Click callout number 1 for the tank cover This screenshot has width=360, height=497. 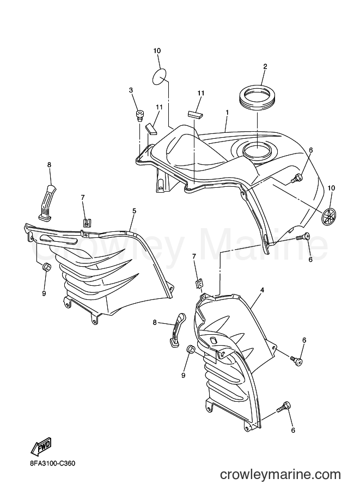pyautogui.click(x=227, y=113)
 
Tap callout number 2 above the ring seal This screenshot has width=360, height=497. pyautogui.click(x=265, y=66)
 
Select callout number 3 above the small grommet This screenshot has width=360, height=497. pyautogui.click(x=131, y=90)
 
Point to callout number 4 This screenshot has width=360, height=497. pyautogui.click(x=263, y=290)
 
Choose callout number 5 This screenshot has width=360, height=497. pyautogui.click(x=134, y=211)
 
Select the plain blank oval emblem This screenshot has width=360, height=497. pyautogui.click(x=160, y=77)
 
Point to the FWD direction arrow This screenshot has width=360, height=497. pyautogui.click(x=41, y=448)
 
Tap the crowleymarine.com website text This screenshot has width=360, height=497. pyautogui.click(x=280, y=474)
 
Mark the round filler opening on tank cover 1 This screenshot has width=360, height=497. pyautogui.click(x=257, y=149)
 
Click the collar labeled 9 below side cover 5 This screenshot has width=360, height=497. pyautogui.click(x=47, y=267)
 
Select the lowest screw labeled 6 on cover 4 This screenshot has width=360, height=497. pyautogui.click(x=283, y=407)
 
